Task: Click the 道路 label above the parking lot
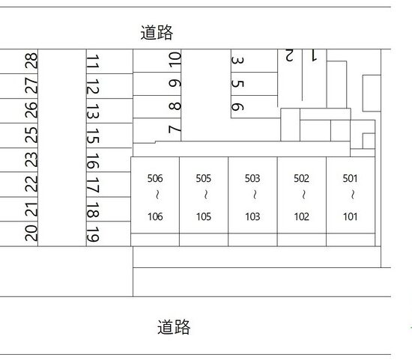click(157, 33)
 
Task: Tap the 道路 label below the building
click(174, 327)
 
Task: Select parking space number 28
click(31, 61)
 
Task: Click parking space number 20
click(31, 234)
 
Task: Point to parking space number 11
click(93, 61)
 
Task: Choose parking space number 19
click(93, 234)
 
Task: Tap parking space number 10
click(175, 59)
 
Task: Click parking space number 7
click(175, 129)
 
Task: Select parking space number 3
click(237, 61)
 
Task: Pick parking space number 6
click(237, 106)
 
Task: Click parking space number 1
click(314, 55)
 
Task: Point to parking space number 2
click(289, 55)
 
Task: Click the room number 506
click(155, 179)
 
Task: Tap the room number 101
click(351, 217)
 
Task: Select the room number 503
click(252, 179)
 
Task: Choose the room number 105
click(204, 217)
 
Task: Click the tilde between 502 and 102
click(303, 195)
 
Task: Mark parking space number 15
click(93, 135)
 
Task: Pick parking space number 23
click(31, 159)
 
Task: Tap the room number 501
click(351, 179)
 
